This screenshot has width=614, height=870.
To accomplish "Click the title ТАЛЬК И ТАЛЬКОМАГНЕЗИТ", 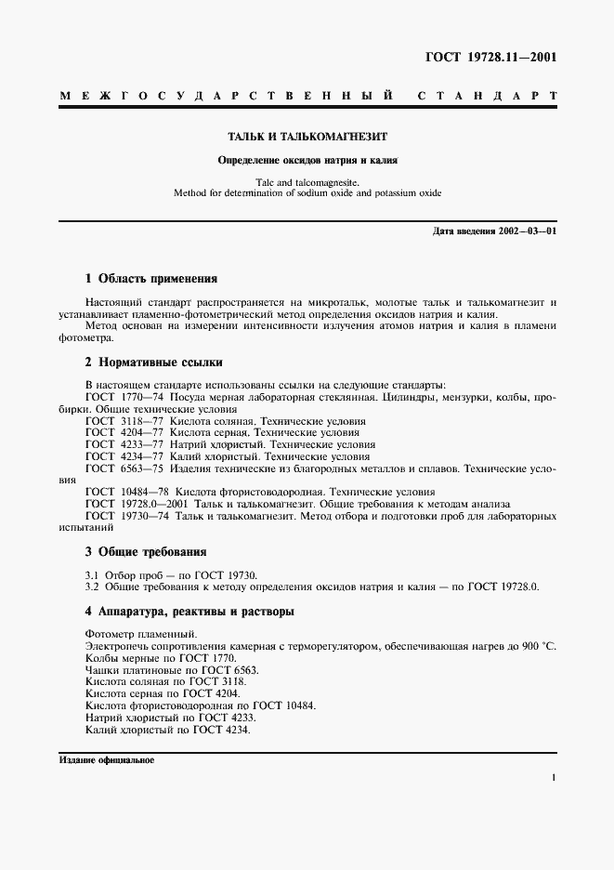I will click(x=308, y=136).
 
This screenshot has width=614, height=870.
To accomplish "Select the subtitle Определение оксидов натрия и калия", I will click(x=307, y=159).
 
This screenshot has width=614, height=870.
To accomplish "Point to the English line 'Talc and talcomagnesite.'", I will click(x=307, y=182).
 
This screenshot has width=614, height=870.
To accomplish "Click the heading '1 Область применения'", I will click(x=150, y=278).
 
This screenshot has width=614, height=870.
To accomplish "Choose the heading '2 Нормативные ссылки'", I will click(x=153, y=362).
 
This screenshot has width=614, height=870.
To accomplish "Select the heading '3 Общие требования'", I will click(x=145, y=552).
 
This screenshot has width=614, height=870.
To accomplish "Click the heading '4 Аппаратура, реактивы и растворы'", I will click(x=189, y=613).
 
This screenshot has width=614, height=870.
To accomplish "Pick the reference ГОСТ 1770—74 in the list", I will click(x=124, y=397).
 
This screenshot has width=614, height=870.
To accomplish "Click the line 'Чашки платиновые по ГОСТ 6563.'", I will click(x=172, y=670).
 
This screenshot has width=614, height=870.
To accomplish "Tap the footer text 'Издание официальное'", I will click(x=106, y=759).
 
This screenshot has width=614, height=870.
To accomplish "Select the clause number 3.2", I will click(x=92, y=587).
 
